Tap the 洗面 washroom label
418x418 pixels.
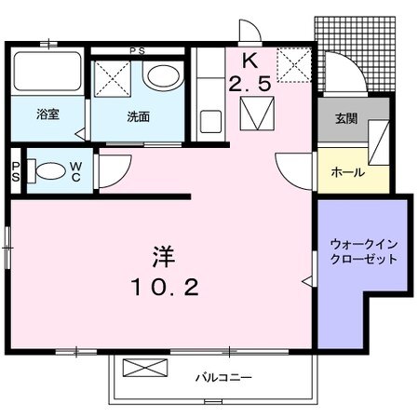[138, 117]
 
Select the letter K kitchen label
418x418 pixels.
[249, 62]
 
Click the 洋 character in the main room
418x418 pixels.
[165, 254]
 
